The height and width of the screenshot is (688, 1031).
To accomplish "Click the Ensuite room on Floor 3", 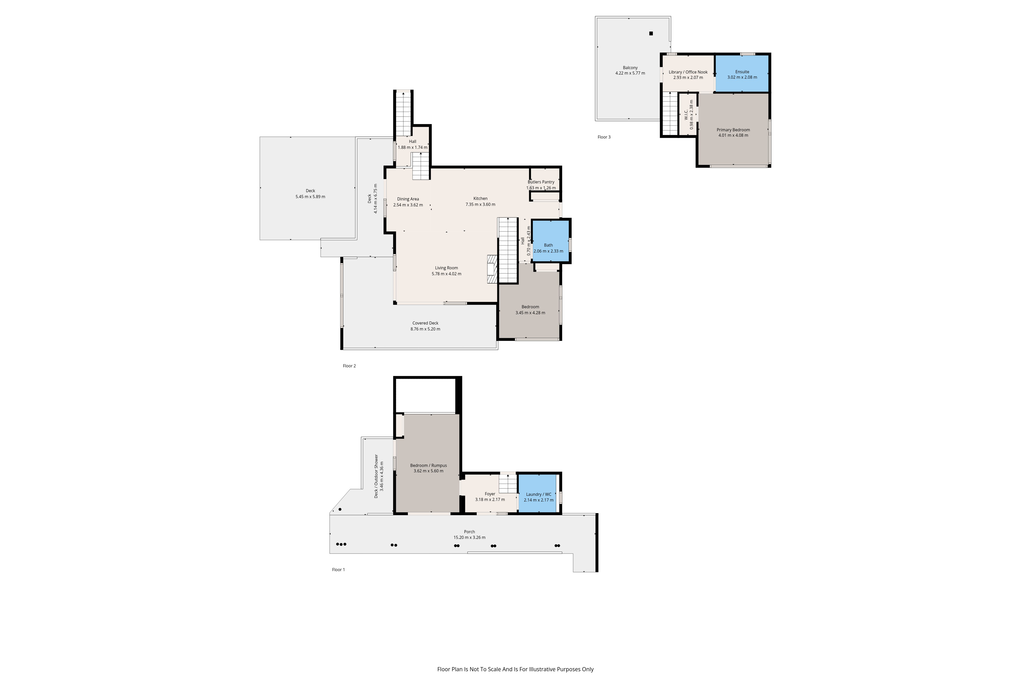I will pyautogui.click(x=742, y=74).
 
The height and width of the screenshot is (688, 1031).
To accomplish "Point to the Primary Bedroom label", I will pyautogui.click(x=733, y=130).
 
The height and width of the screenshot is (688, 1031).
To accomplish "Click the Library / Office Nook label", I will pyautogui.click(x=688, y=72).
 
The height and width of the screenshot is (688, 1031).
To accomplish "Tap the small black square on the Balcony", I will pyautogui.click(x=651, y=33).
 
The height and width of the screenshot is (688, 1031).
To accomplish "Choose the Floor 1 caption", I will pyautogui.click(x=338, y=570).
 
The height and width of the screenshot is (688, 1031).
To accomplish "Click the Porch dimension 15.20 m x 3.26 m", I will pyautogui.click(x=469, y=538).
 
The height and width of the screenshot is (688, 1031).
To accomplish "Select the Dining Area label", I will pyautogui.click(x=408, y=199).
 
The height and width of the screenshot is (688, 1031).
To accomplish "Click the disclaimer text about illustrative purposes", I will pyautogui.click(x=515, y=669).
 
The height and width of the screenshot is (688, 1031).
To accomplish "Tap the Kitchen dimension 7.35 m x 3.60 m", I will pyautogui.click(x=480, y=205).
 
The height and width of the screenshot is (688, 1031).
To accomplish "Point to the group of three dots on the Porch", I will pyautogui.click(x=341, y=544).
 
